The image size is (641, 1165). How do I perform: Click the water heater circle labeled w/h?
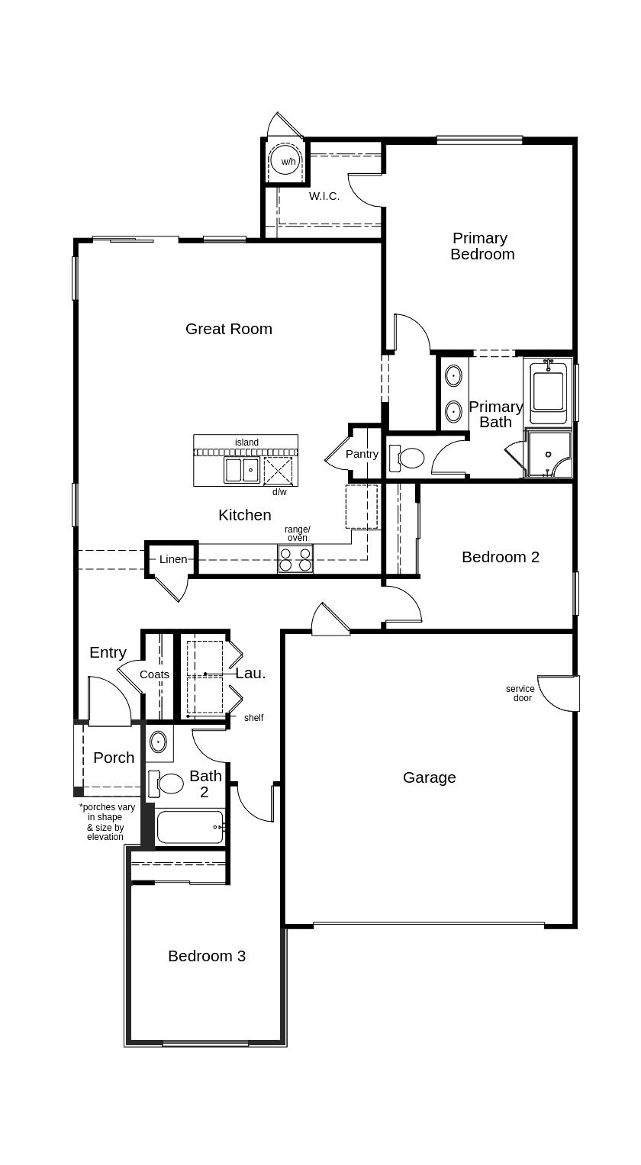coord(285,161)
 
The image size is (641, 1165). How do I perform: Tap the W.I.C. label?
coord(324,196)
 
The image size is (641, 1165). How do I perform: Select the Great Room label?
coord(229,329)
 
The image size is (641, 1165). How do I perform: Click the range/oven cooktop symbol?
coord(295,558)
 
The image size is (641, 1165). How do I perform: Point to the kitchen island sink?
coord(242,470)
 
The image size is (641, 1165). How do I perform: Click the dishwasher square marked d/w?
coord(278,471)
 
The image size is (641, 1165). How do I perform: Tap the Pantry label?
coord(362,453)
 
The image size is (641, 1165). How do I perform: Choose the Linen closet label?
coord(173,559)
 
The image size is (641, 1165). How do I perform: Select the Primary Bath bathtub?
coord(548,393)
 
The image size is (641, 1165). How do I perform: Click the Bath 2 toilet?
coord(166,784)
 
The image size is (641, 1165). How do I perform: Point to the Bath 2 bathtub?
coord(191,826)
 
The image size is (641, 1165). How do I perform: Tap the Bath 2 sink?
coord(158,741)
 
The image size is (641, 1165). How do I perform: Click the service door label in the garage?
coord(520,694)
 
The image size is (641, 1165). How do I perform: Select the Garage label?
coord(429,777)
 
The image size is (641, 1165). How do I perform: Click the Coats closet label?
coord(154,674)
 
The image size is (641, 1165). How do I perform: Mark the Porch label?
coord(114,758)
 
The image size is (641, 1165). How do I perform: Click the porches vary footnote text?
coord(107,822)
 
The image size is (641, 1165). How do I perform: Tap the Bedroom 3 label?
coord(207,956)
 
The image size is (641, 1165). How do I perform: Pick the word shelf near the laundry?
coord(254,718)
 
